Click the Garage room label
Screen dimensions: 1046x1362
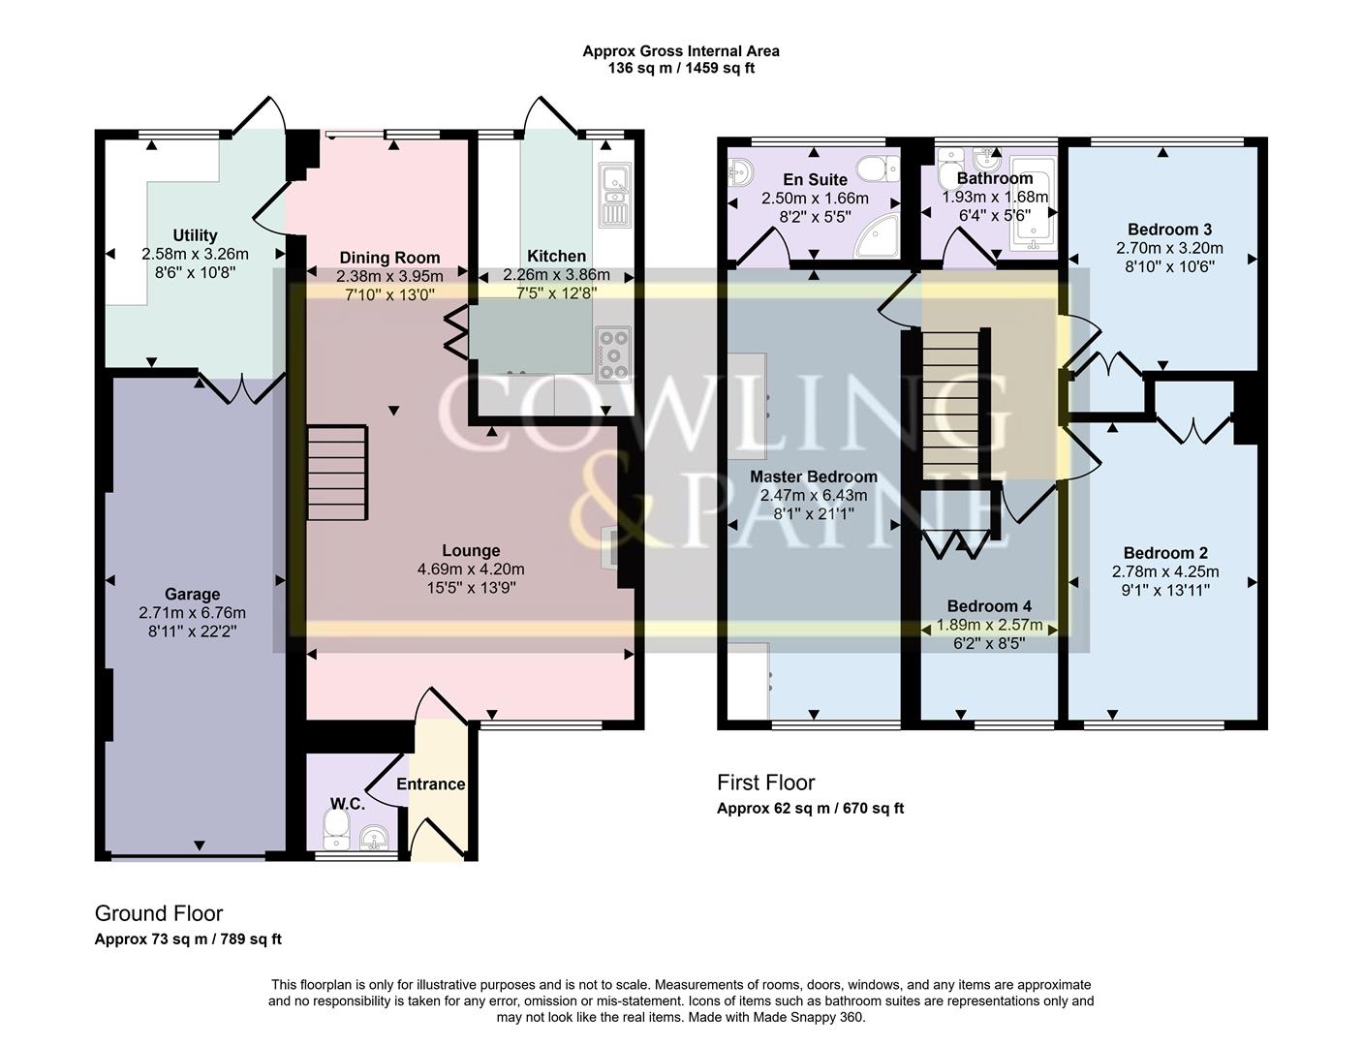[192, 595]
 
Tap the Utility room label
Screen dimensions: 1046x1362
[195, 235]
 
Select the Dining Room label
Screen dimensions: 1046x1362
[389, 258]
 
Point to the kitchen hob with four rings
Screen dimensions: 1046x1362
[613, 354]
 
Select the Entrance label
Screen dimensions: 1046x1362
[430, 784]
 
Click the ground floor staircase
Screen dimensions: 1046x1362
[337, 472]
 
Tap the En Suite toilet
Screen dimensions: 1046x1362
[879, 169]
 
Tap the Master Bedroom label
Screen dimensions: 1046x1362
[814, 477]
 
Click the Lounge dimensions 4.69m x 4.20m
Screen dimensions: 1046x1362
[471, 569]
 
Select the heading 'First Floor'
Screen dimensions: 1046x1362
[765, 783]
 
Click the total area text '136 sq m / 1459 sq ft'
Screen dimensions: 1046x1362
[681, 69]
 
